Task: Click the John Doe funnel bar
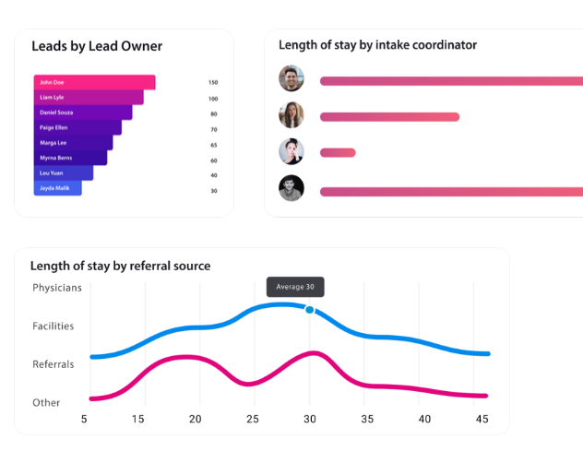point(94,82)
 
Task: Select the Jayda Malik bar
point(58,188)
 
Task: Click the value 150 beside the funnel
point(213,82)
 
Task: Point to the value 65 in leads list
point(213,144)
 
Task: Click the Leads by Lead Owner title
point(97,46)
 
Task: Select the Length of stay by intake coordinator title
point(378,44)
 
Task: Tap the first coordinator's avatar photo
point(291,78)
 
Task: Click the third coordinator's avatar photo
point(291,151)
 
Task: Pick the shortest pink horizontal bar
point(338,152)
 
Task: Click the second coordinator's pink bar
point(389,116)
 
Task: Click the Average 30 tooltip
point(295,287)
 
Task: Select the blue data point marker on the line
point(310,310)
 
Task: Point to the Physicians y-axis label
point(57,288)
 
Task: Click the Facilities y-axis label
point(54,326)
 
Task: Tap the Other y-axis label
point(46,402)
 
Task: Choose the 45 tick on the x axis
point(482,419)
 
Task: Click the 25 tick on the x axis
point(253,419)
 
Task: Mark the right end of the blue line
point(487,353)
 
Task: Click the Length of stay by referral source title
point(121,266)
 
